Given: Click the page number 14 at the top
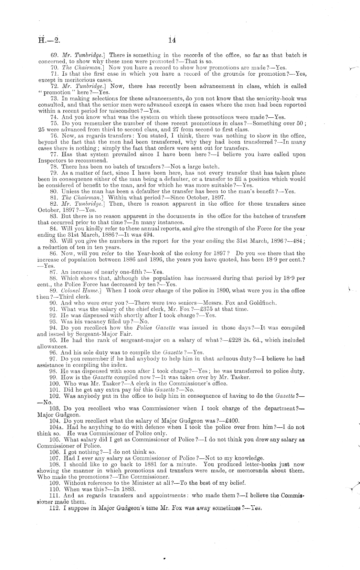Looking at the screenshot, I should tap(172, 40).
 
